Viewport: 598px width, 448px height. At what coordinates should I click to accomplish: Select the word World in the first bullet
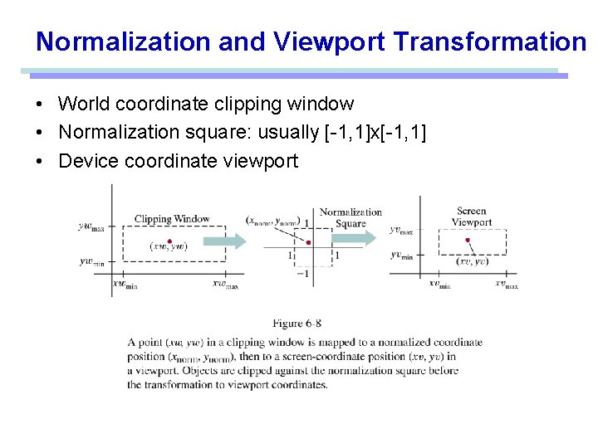coord(84,104)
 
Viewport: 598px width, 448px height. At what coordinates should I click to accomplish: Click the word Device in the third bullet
coord(88,160)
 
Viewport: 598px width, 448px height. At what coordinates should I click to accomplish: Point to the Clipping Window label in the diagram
coord(172,219)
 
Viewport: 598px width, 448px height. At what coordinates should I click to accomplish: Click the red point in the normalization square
coord(309,243)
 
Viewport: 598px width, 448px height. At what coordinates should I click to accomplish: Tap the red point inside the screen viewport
coord(467,241)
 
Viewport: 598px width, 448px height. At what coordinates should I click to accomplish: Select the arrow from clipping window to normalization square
coord(224,241)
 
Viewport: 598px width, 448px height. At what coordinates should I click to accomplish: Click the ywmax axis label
coord(91,225)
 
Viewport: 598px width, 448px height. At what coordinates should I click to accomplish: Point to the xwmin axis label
coord(125,284)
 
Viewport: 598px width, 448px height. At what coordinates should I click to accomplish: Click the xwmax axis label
coord(225,284)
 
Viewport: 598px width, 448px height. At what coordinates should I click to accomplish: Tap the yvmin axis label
coord(402,256)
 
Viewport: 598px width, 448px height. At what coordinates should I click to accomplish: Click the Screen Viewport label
coord(472,217)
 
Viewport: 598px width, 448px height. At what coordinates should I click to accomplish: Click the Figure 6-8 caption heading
coord(297,323)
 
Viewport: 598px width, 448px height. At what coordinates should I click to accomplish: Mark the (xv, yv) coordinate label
coord(473,261)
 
